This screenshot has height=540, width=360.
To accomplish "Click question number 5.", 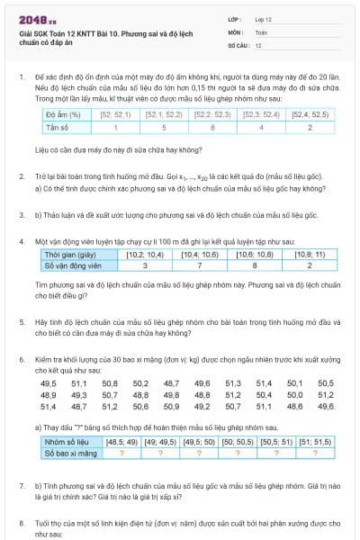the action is click(x=22, y=320).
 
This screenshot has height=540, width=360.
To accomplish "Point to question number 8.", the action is click(x=22, y=522).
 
